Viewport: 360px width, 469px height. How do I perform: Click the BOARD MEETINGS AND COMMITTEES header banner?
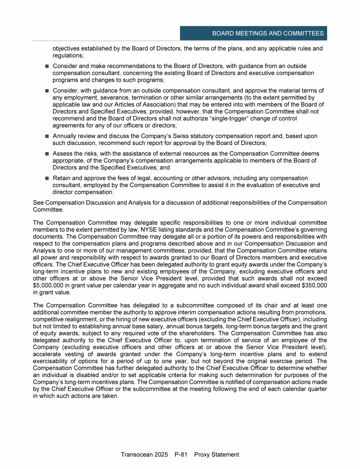268,33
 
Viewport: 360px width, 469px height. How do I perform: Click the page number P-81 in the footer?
180,454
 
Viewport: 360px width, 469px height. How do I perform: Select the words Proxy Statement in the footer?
217,454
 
